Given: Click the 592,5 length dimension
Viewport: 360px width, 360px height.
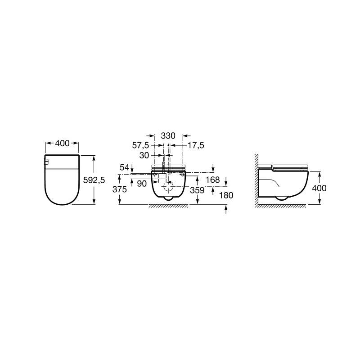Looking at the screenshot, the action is (94, 180).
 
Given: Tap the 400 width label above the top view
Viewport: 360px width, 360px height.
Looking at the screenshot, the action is (62, 143).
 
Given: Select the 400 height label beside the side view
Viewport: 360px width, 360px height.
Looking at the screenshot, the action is (319, 188).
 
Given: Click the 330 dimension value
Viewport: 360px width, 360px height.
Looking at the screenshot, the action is (168, 136).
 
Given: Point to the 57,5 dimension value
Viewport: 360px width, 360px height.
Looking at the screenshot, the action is (140, 145).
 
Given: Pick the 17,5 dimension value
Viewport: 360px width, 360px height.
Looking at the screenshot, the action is (196, 145).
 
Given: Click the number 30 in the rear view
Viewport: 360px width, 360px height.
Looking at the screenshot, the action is (144, 155).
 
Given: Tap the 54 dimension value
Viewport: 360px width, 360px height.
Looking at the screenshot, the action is (125, 167).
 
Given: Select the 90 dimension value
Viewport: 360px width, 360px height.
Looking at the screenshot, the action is (142, 184).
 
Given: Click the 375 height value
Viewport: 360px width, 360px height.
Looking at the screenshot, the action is (120, 189).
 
